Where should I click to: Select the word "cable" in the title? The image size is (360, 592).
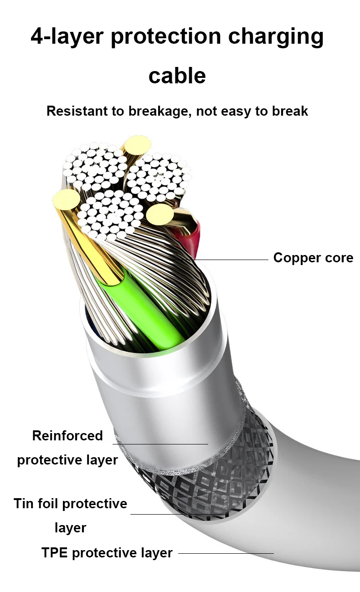177,75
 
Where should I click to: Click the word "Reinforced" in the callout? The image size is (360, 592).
67,436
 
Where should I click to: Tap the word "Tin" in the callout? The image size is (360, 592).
24,504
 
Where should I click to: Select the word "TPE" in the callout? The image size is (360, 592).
55,553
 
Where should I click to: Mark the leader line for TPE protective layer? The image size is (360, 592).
226,553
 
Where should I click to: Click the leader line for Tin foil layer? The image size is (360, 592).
178,515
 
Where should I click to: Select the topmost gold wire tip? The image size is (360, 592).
137,146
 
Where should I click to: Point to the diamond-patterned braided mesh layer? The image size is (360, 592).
219,483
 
